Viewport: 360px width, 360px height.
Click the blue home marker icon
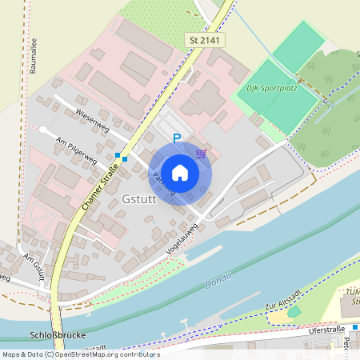(x=179, y=172)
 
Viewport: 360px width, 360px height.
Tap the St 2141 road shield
(x=205, y=39)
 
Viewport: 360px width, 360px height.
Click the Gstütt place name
(x=142, y=198)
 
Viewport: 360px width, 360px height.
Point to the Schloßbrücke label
(x=52, y=335)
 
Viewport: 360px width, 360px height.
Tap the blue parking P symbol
(x=177, y=138)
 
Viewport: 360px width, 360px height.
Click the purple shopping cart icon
(x=201, y=153)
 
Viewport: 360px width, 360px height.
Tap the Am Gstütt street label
(x=34, y=267)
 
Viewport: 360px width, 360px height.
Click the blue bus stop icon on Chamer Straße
(x=120, y=157)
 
